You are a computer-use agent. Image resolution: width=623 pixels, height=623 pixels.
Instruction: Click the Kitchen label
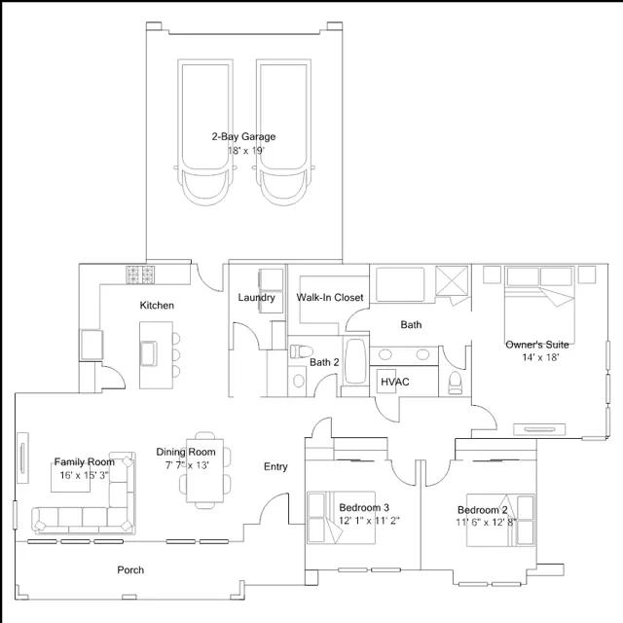tap(157, 306)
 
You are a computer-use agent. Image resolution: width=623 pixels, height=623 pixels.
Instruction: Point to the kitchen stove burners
tap(140, 274)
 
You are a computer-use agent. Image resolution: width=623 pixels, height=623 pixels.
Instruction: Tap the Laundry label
tap(257, 298)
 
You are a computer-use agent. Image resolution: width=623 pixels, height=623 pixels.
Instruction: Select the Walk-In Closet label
tap(330, 298)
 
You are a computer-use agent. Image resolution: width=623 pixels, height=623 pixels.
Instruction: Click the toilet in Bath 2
tap(298, 350)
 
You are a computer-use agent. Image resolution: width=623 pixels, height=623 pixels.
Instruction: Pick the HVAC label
tap(394, 382)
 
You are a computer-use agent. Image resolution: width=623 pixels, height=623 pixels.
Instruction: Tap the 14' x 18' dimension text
tap(539, 357)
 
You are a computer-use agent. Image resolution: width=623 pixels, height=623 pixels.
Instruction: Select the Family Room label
tap(84, 462)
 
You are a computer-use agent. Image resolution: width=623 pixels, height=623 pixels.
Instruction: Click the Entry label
tap(275, 467)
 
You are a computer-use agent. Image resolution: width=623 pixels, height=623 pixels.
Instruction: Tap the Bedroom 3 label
tap(364, 508)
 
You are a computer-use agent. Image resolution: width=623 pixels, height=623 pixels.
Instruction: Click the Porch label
tap(130, 570)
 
